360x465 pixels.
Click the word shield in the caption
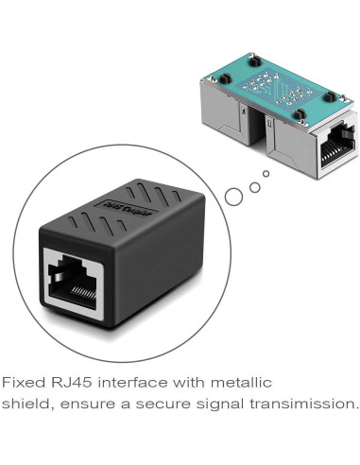(x=25, y=405)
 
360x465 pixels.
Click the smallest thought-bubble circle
(x=266, y=174)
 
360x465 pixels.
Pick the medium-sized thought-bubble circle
(x=254, y=186)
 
